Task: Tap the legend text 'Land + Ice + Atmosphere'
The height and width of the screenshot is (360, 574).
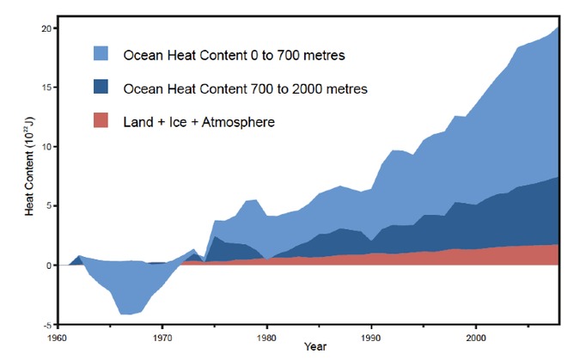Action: click(198, 123)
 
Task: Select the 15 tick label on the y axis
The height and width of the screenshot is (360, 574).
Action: click(46, 87)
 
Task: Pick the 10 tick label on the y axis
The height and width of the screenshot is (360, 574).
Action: click(46, 146)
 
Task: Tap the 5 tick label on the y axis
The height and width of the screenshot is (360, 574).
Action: click(48, 205)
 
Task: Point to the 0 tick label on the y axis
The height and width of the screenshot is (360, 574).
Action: click(48, 265)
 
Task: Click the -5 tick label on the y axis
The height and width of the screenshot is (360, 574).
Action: click(46, 324)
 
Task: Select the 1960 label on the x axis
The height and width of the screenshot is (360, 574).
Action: click(60, 337)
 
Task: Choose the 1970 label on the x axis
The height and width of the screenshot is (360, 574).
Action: click(163, 337)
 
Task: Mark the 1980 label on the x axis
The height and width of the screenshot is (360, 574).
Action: click(266, 337)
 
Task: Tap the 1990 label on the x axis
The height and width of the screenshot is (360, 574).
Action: click(370, 337)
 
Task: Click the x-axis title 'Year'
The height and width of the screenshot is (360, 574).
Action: click(314, 350)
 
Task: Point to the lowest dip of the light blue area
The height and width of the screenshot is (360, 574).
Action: click(127, 314)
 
